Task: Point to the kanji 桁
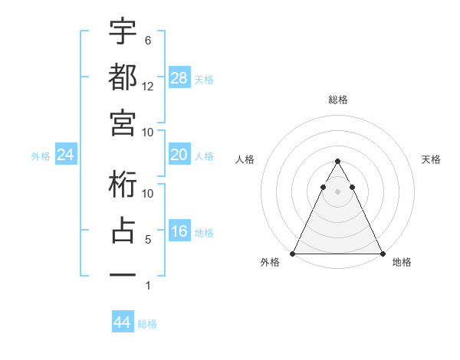pos(123,185)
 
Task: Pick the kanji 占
pos(123,231)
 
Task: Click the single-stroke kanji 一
pos(123,274)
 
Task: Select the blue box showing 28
pos(179,77)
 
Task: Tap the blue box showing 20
pos(179,155)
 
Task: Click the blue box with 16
pos(179,232)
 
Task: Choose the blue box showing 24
pos(66,155)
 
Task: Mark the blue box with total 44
pos(123,322)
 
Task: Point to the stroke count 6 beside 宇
pos(148,40)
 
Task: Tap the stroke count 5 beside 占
pos(148,240)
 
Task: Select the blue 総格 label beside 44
pos(147,324)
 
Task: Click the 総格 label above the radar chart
pos(338,100)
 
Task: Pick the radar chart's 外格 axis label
pos(270,263)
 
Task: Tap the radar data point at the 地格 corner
pos(382,253)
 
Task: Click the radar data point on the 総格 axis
pos(337,162)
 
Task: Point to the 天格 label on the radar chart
pos(432,159)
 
